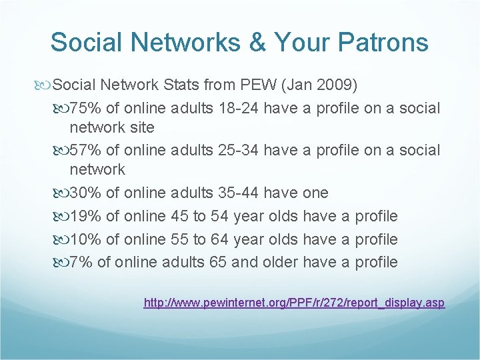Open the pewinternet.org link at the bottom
[294, 303]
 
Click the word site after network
[142, 127]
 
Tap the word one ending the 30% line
[315, 193]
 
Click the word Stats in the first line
[177, 85]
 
